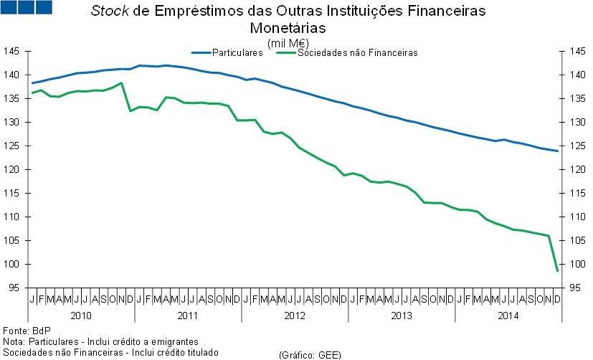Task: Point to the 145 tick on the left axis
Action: [x=11, y=51]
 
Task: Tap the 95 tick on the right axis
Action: [x=578, y=288]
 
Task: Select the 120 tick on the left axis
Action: [x=11, y=169]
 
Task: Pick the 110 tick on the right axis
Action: [x=578, y=217]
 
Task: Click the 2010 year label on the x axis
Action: [x=81, y=315]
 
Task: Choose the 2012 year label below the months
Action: [x=295, y=315]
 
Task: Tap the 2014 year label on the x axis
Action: [x=508, y=315]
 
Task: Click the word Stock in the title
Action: [x=108, y=12]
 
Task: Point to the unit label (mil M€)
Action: [x=287, y=43]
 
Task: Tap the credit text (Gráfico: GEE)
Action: [x=309, y=354]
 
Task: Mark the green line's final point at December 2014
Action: [x=558, y=270]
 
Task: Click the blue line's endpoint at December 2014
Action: [x=558, y=151]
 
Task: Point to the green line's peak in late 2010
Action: [x=121, y=83]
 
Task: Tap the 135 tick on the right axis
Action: [x=578, y=98]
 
